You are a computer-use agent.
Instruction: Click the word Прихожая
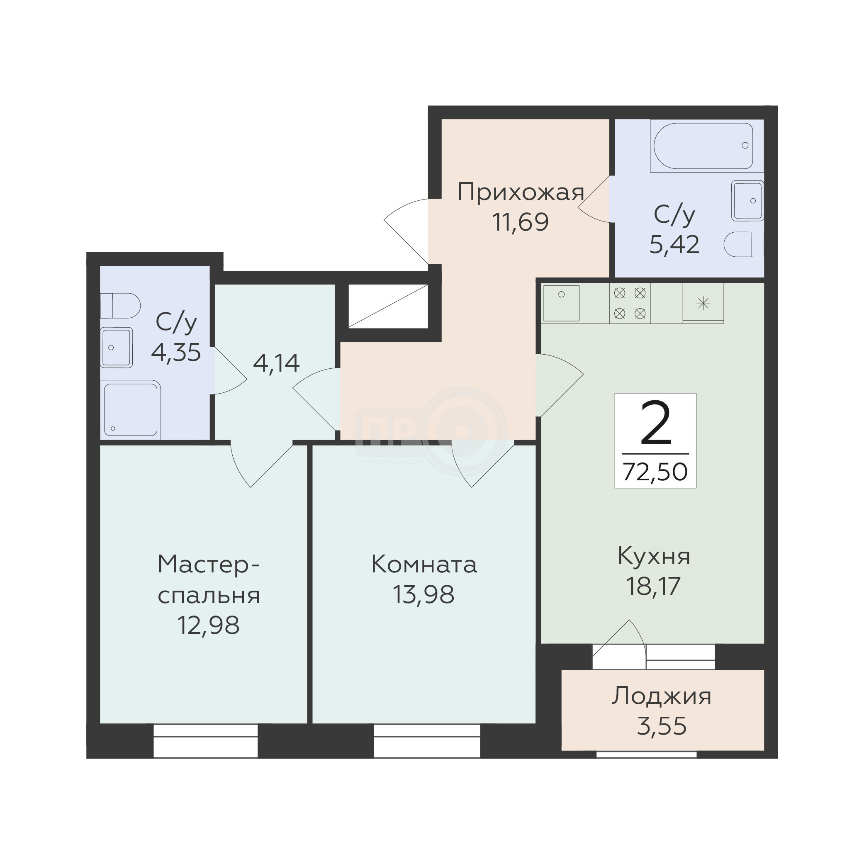tap(521, 193)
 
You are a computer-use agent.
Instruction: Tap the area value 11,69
tap(521, 222)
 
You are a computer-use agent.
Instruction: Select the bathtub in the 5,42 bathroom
tap(703, 146)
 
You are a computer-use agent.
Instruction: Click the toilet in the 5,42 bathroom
tap(743, 244)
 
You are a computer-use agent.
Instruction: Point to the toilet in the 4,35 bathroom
tap(120, 306)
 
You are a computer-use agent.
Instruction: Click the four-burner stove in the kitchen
tap(630, 303)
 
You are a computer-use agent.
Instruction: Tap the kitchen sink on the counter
tap(561, 303)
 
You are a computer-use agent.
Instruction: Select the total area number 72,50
tap(655, 471)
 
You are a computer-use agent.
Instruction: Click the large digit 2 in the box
tap(656, 423)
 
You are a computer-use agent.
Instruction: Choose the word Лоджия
tap(662, 697)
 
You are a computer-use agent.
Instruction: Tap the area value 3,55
tap(662, 726)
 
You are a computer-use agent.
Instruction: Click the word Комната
tap(424, 565)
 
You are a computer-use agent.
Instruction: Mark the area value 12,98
tap(208, 625)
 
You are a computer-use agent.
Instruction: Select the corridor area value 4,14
tap(276, 363)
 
